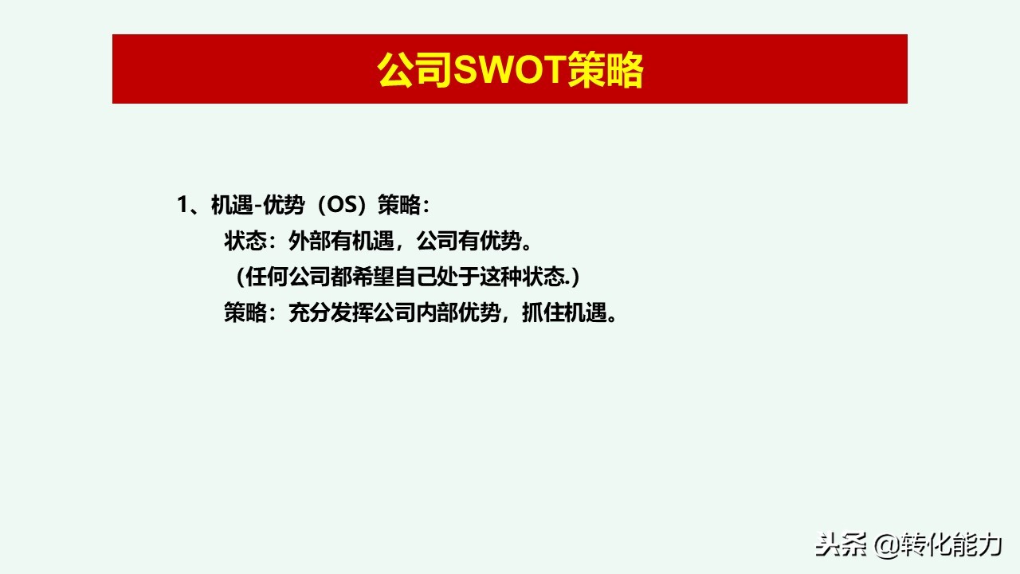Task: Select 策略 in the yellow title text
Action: click(605, 71)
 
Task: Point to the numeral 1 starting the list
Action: click(182, 205)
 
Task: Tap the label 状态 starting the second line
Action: click(245, 241)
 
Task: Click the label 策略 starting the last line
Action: click(245, 313)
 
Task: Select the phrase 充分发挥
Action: click(331, 313)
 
